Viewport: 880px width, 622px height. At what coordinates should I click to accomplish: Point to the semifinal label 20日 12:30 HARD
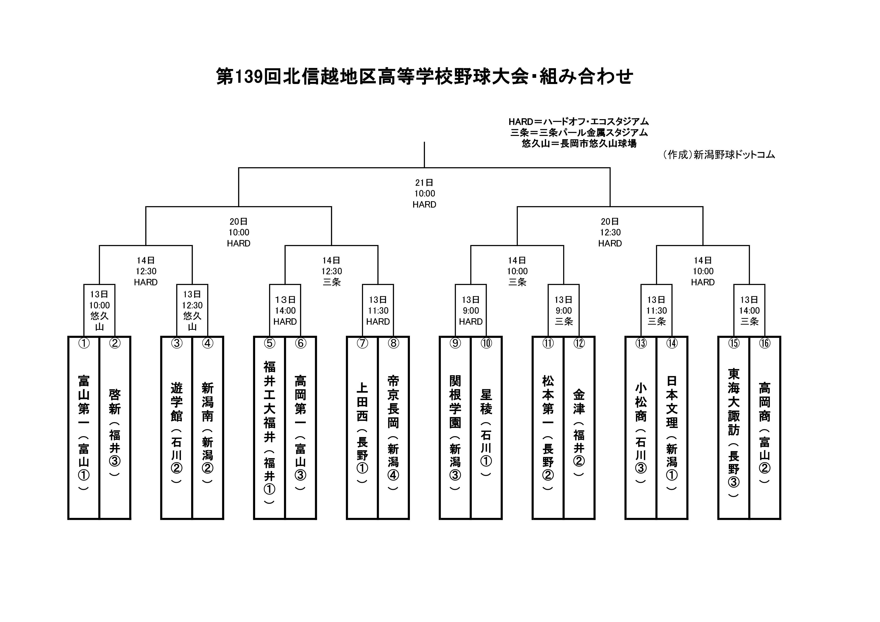(x=610, y=232)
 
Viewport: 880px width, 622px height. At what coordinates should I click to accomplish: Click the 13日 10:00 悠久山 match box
(x=99, y=310)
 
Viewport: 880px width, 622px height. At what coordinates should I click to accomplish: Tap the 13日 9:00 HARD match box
(x=471, y=310)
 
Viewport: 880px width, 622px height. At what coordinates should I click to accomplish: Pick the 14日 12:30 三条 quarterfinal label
(x=332, y=271)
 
